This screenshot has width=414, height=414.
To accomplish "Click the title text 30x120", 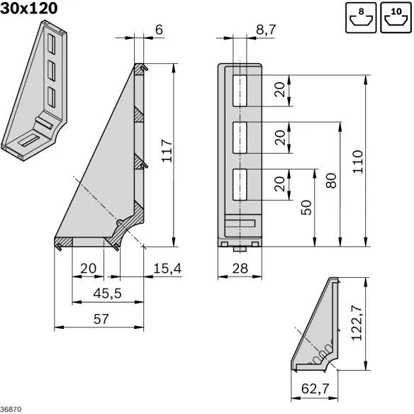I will coord(29,9).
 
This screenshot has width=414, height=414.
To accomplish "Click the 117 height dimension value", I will coord(165,151).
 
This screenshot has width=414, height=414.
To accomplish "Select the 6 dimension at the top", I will coord(159,29).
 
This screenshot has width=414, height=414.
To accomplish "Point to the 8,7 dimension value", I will coord(266,29).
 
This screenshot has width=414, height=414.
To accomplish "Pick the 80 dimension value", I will coord(331,181).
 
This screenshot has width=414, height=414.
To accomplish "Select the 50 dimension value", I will coord(306,207).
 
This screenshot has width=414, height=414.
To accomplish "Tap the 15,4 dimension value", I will coord(167,268).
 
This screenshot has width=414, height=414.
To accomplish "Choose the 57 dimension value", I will coord(101,319).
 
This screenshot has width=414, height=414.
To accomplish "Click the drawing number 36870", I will coord(11,409).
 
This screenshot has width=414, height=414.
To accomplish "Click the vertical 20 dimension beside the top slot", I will coord(281,90).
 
